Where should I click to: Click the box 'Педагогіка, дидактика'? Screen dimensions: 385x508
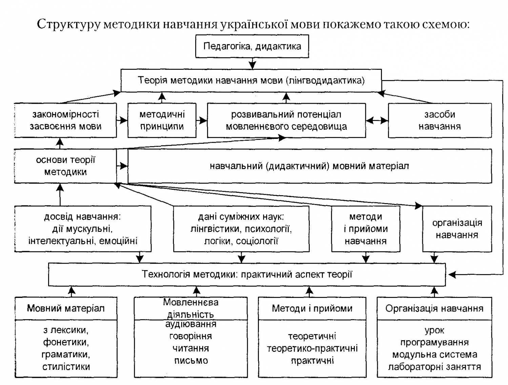pos(252,46)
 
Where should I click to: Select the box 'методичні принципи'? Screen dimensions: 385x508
pos(162,120)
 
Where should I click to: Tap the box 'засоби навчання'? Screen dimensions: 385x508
pos(440,120)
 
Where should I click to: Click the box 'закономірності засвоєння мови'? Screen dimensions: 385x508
pos(65,120)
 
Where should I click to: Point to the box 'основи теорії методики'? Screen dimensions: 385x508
pos(65,166)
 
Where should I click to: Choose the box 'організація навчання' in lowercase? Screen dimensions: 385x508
pos(457,229)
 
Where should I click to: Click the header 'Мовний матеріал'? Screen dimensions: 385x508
pos(66,308)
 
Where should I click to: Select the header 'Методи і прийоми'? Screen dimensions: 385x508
pos(312,308)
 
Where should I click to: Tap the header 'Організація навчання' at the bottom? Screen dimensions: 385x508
pos(434,308)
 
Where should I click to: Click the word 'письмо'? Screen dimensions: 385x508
pos(191,361)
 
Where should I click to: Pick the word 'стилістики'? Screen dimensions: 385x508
pos(66,367)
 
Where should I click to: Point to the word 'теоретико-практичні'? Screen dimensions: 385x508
pos(312,348)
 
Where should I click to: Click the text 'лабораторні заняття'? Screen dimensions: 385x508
pos(434,367)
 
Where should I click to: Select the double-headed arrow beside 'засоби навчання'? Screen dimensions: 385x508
pos(377,120)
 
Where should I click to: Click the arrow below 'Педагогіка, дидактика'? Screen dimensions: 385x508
pos(252,63)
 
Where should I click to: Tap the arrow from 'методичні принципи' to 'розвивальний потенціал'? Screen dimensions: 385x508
pos(202,120)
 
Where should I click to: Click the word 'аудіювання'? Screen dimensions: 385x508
pos(191,324)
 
